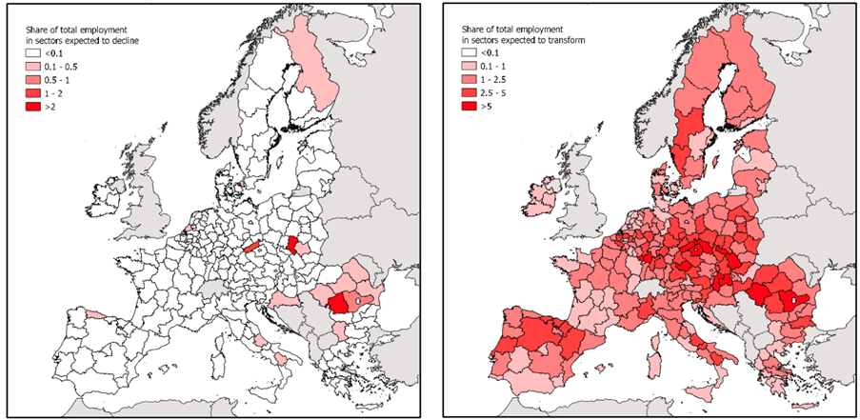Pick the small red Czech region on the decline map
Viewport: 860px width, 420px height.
click(252, 247)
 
